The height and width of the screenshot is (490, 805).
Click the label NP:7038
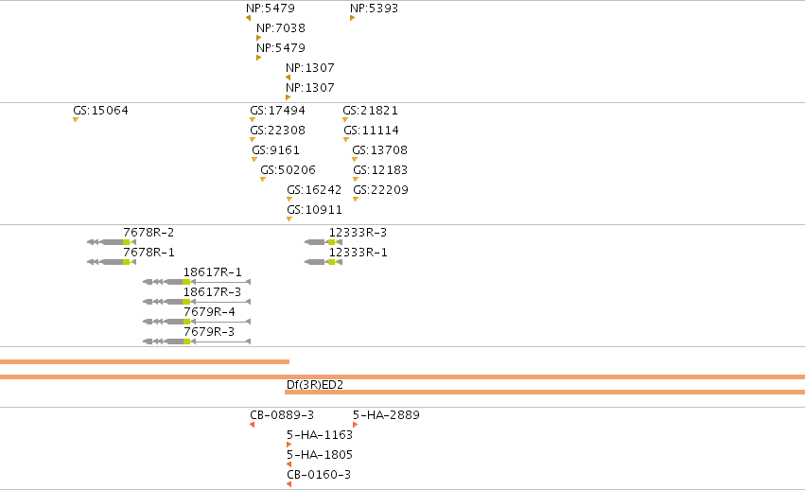point(281,27)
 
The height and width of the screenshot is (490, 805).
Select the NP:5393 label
point(374,9)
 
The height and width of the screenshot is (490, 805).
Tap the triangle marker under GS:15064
point(76,120)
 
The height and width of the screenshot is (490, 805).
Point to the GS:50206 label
point(288,170)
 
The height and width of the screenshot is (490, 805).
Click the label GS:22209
point(380,190)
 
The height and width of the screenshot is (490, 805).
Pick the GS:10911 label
point(314,210)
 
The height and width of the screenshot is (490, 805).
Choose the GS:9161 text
point(275,150)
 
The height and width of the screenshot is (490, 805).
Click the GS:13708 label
point(380,150)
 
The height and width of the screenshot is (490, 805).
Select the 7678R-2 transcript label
point(149,233)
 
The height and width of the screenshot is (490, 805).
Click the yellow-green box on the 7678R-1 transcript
point(127,262)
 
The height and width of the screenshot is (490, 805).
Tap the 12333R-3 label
point(358,233)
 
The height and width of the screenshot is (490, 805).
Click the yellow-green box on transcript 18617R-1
point(186,282)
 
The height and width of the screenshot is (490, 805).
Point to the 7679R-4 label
point(209,312)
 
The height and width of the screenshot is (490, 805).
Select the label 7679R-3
point(209,332)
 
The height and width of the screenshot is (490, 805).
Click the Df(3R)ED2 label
point(315,385)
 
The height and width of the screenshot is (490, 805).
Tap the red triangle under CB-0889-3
point(252,425)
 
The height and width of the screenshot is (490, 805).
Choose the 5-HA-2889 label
point(386,415)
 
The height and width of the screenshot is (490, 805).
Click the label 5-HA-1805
point(320,455)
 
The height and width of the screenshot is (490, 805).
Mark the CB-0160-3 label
point(319,475)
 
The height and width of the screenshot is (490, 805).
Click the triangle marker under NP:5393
point(352,18)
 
